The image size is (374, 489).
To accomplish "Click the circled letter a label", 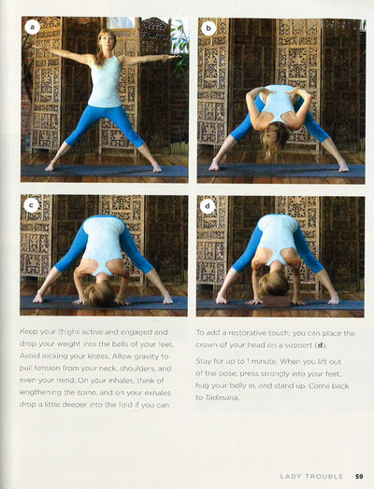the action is pyautogui.click(x=33, y=27).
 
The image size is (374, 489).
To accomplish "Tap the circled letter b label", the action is pyautogui.click(x=209, y=28).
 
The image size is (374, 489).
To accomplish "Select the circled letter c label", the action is pyautogui.click(x=31, y=205).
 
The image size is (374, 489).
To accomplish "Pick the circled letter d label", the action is pyautogui.click(x=208, y=205).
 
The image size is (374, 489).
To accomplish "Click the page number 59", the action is pyautogui.click(x=359, y=476).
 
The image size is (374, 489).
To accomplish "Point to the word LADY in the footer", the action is pyautogui.click(x=290, y=476).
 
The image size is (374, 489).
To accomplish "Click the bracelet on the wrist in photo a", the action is pyautogui.click(x=165, y=58).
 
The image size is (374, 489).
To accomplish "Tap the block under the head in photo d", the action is pyautogui.click(x=276, y=300).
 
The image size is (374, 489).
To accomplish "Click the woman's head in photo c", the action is pyautogui.click(x=99, y=294).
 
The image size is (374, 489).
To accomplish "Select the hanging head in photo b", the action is pyautogui.click(x=274, y=137).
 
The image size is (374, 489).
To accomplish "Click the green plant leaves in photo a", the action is pyautogui.click(x=180, y=47).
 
